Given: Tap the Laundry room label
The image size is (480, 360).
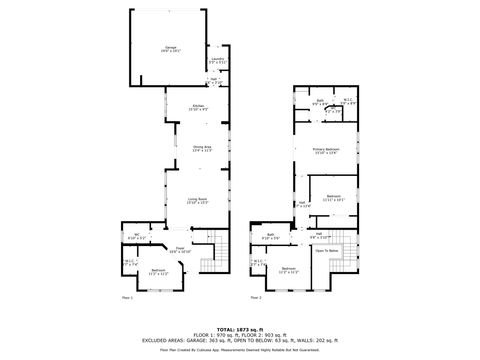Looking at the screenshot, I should (217, 60).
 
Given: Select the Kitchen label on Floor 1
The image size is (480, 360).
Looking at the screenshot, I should (199, 108).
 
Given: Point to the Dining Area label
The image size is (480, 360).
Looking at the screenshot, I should (202, 149).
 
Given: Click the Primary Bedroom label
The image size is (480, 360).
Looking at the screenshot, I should (326, 151).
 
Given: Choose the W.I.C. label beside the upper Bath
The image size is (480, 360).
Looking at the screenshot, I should (346, 101).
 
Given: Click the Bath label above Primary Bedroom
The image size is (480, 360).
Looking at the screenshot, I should (320, 101).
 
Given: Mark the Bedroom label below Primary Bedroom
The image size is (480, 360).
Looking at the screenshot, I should (334, 197).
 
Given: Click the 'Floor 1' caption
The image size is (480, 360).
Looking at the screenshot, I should (127, 297).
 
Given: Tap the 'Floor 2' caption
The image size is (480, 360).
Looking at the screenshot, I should (256, 297).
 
